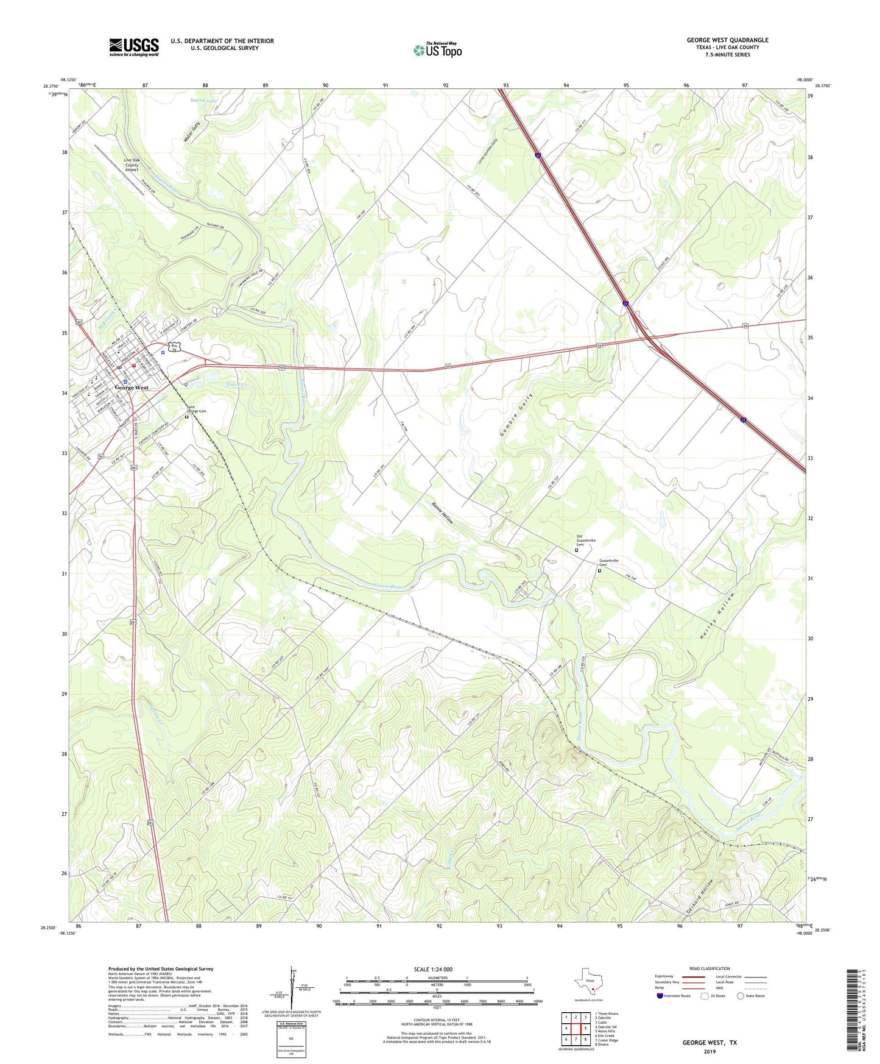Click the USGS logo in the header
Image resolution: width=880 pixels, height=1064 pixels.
point(134,47)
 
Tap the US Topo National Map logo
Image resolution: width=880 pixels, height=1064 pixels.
point(437,49)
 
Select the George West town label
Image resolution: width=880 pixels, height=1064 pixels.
point(132,388)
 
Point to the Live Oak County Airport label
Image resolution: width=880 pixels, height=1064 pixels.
point(132,165)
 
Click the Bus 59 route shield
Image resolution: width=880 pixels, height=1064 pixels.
point(174,347)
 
